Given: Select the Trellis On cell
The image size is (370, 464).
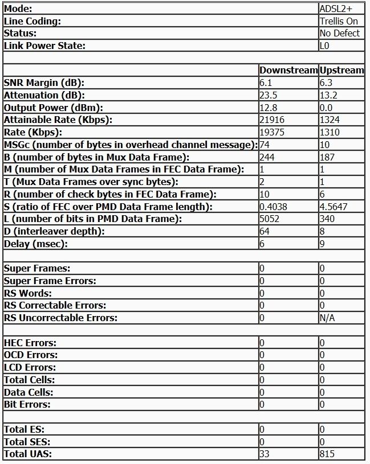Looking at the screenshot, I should pos(339,21).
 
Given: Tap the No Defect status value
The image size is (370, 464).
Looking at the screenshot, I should pos(339,33).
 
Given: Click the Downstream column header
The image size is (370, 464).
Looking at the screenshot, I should pos(288,70).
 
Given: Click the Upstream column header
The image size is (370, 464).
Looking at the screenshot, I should pos(341,70).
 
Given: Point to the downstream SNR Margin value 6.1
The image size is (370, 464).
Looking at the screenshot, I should pos(266,83).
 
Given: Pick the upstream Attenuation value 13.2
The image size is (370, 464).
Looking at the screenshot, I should pos(328,95).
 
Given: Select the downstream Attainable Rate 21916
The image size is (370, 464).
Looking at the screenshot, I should pos(272,120).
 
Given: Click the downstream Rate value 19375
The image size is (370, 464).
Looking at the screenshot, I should pos(272,132).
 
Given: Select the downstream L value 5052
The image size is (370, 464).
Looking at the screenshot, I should pos(270,219).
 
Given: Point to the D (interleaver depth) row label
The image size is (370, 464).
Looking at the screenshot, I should pos(50,231).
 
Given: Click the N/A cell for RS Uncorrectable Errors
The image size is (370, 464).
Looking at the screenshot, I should pos(327,318).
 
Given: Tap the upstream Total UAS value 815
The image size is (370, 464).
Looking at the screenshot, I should pos(327,454).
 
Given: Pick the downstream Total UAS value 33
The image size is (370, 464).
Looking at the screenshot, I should pos(265,454).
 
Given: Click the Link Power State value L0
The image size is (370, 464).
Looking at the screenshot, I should pos(324,46).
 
